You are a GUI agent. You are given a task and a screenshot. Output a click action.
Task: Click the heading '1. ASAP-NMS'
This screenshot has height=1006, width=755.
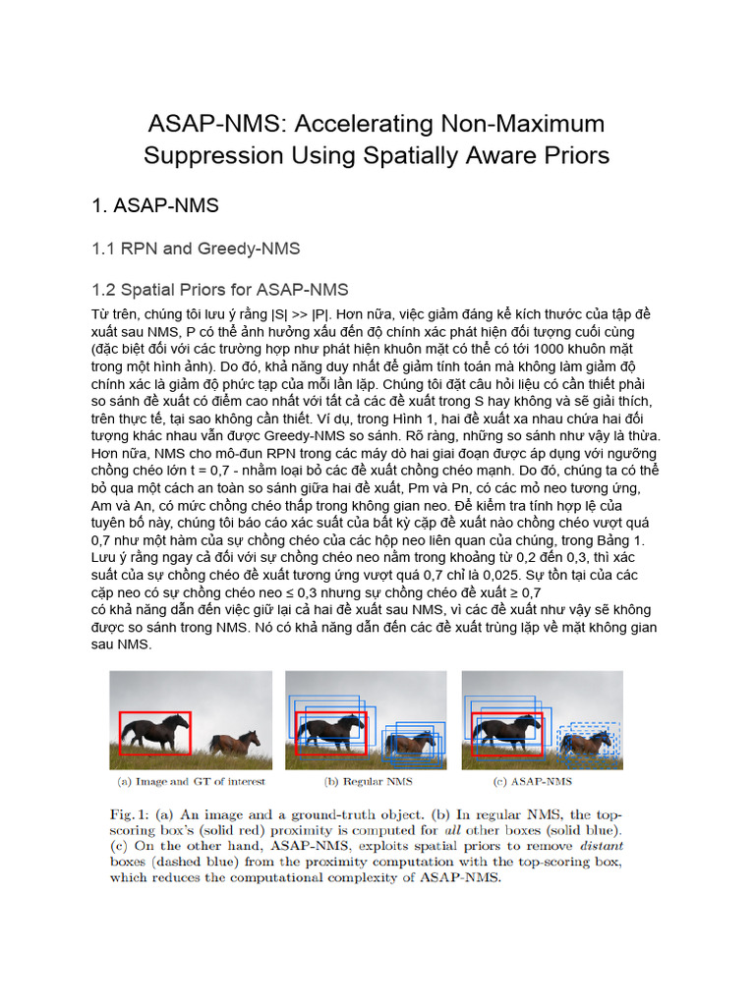click(x=154, y=205)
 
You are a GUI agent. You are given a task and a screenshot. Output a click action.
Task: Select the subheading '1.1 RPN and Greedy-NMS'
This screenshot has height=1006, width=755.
click(x=196, y=249)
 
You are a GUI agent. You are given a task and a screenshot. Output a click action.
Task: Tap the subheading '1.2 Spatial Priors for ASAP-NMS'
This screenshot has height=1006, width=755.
click(x=219, y=290)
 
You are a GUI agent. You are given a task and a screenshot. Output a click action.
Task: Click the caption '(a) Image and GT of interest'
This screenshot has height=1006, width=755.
click(x=192, y=782)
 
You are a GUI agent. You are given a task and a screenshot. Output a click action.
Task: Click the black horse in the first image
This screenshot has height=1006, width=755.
click(x=153, y=731)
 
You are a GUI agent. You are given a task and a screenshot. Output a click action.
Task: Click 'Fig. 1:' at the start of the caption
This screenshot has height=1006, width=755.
click(x=132, y=814)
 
